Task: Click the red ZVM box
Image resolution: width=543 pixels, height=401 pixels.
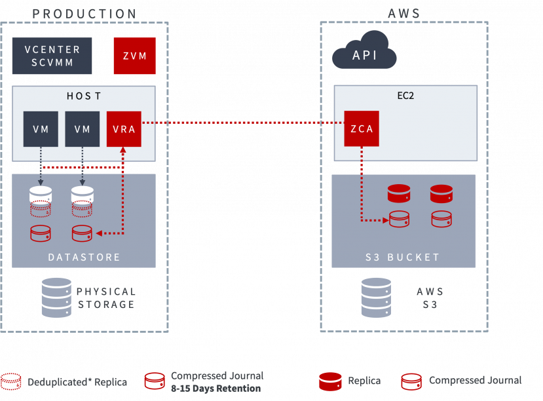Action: pos(134,55)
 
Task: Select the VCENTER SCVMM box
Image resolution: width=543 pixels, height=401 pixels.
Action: pos(52,56)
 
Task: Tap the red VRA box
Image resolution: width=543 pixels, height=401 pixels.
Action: pos(124,129)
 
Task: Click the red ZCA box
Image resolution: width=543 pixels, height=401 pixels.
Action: pos(361,129)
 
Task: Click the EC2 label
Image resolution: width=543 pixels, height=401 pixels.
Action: pos(405,96)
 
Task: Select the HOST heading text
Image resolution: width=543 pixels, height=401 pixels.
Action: pos(84,96)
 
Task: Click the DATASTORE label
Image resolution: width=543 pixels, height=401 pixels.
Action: pos(84,257)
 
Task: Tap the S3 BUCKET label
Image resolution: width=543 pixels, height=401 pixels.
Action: pos(403,257)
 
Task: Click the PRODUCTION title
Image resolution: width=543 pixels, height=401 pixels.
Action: pos(84,14)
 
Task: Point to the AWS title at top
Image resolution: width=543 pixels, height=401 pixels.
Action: pos(403,14)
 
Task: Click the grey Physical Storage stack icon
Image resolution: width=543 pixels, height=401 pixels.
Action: pos(56,297)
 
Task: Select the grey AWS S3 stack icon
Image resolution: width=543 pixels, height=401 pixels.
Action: pos(376,297)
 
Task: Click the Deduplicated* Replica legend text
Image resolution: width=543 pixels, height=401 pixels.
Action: pos(77,382)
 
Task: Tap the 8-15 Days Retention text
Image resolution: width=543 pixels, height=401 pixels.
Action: pos(215,389)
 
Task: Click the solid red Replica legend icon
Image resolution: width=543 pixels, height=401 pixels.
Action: pos(330,381)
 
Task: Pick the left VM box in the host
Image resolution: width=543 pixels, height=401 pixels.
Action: pos(41,129)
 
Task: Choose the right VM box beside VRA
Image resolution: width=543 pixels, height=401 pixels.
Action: pos(82,129)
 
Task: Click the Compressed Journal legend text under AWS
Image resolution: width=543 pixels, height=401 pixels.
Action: pos(475,381)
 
